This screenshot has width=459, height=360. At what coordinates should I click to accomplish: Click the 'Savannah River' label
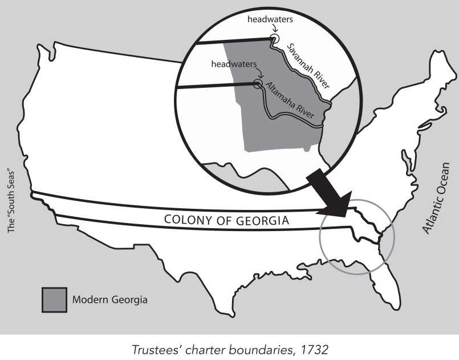(308, 66)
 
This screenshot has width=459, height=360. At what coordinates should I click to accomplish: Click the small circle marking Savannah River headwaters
(274, 38)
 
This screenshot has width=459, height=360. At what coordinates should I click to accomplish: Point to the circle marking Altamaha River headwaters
(258, 84)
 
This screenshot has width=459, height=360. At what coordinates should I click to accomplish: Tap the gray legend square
(53, 299)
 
